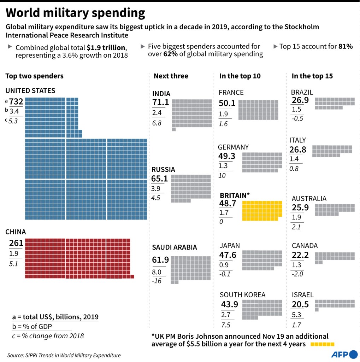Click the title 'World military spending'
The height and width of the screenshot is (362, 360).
pos(75,13)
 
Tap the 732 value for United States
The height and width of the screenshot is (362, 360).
pos(16,102)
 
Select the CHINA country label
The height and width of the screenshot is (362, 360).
pos(16,232)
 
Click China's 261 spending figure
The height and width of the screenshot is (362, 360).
pos(16,243)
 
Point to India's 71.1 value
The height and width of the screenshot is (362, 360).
pos(161,103)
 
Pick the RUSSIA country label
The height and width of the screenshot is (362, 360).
pos(163,170)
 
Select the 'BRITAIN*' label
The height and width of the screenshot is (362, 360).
pos(235,195)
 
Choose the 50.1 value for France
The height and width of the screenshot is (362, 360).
pos(227,103)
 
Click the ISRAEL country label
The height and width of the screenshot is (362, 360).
pos(303,295)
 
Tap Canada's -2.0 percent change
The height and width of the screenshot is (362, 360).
pos(297,274)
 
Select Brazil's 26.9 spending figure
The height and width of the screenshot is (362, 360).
pos(300,100)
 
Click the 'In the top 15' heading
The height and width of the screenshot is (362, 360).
pos(312,76)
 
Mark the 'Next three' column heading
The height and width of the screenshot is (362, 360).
pos(171,76)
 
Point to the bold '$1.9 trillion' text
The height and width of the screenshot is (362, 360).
pos(106,48)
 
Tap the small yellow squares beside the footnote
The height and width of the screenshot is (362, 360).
pos(322,344)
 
